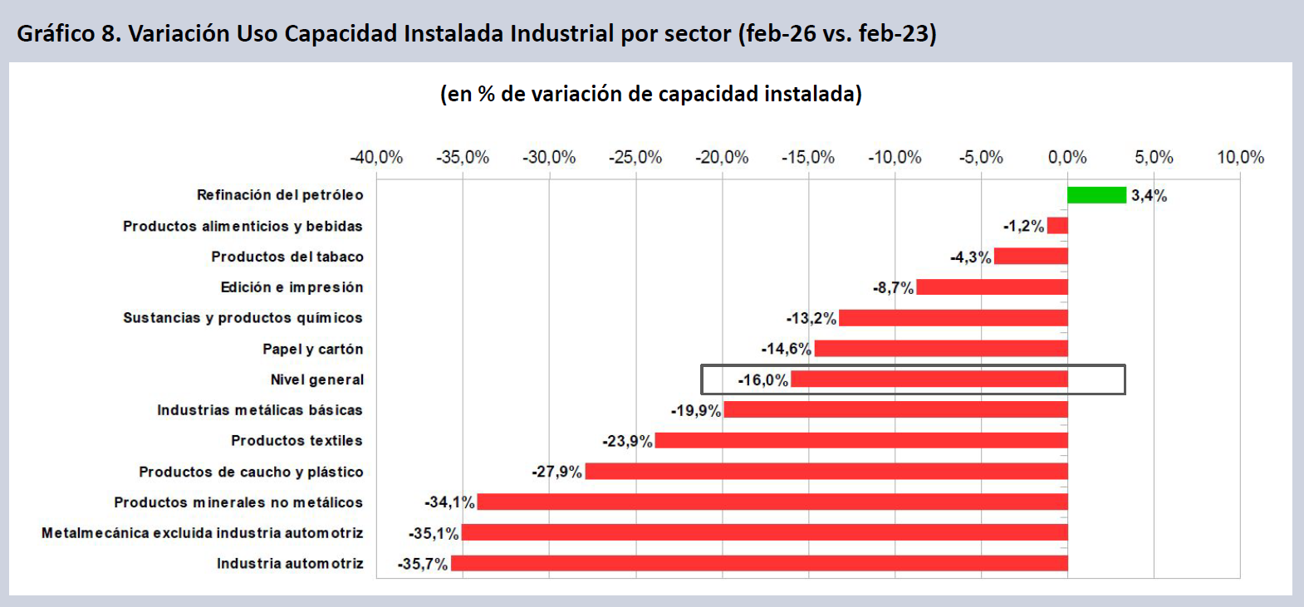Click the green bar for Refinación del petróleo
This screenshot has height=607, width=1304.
click(x=1096, y=195)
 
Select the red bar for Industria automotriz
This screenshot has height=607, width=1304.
click(x=759, y=564)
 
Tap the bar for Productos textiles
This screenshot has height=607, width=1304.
click(x=861, y=441)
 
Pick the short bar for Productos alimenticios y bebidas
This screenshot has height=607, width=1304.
click(x=1057, y=226)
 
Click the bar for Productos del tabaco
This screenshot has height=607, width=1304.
click(x=1031, y=257)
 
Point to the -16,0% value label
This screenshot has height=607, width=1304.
click(x=762, y=380)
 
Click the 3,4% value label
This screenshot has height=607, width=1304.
click(x=1149, y=196)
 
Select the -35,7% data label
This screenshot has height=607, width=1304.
click(x=422, y=565)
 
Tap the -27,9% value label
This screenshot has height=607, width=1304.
click(x=556, y=472)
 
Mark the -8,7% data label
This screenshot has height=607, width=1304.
click(x=893, y=288)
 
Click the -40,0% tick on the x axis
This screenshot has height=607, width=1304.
click(x=376, y=157)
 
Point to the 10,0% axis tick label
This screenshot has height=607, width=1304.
click(x=1240, y=157)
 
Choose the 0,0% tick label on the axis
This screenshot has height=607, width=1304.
click(x=1067, y=157)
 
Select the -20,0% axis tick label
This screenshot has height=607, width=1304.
click(x=722, y=157)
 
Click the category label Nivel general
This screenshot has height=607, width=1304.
click(x=317, y=379)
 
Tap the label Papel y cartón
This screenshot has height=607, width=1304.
click(x=313, y=349)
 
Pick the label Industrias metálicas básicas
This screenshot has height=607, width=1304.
click(x=260, y=410)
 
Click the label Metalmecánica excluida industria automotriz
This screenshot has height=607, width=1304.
click(x=203, y=533)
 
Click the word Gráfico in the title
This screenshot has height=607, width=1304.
click(x=54, y=33)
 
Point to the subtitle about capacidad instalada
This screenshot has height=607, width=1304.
click(x=651, y=94)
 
